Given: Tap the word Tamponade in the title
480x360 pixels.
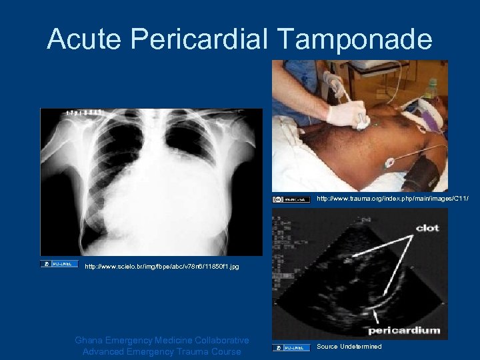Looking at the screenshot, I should click(360, 39).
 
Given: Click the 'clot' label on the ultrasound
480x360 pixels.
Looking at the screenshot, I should click(427, 227).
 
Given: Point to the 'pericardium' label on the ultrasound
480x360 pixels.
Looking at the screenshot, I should click(404, 329).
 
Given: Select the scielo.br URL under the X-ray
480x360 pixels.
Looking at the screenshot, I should click(162, 267).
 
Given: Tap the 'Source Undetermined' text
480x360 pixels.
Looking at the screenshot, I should click(349, 347).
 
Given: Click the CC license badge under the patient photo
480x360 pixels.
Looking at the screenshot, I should click(291, 199).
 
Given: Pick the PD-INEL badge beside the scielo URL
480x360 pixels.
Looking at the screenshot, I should click(59, 264).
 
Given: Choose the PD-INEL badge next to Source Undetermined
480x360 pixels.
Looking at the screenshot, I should click(291, 347).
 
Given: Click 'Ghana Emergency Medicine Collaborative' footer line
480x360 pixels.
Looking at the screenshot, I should click(162, 340).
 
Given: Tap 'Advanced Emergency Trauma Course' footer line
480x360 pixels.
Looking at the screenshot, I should click(162, 351).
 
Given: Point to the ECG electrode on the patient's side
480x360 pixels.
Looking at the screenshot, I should click(389, 162).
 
